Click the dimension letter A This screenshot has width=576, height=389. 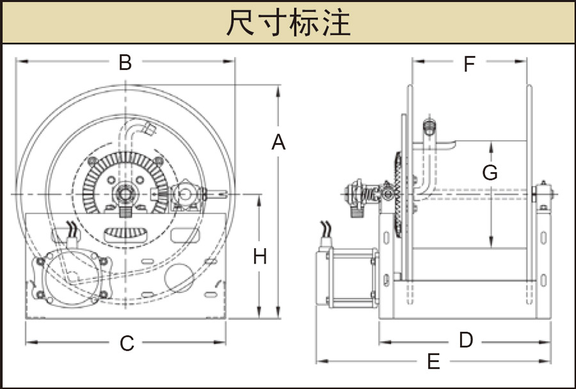(278, 143)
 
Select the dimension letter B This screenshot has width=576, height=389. (125, 62)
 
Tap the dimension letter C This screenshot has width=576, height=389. (127, 344)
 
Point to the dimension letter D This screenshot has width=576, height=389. (466, 340)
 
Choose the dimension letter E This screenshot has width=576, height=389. (433, 362)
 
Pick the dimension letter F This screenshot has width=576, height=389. (469, 64)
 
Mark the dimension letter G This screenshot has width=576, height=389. (490, 173)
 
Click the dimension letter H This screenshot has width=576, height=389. (259, 257)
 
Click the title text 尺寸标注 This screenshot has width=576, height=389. (288, 23)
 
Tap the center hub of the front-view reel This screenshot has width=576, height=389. (125, 193)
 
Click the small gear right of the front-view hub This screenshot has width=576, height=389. (186, 194)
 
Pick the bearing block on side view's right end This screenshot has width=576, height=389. (543, 195)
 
